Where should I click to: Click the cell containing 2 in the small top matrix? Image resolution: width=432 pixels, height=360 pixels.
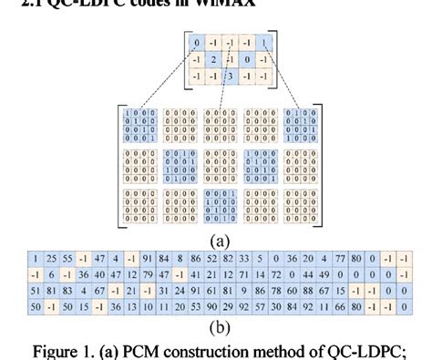point(211,59)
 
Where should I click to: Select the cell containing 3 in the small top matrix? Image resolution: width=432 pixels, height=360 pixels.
point(230,76)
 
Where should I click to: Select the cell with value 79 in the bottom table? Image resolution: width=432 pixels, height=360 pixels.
point(129,273)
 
